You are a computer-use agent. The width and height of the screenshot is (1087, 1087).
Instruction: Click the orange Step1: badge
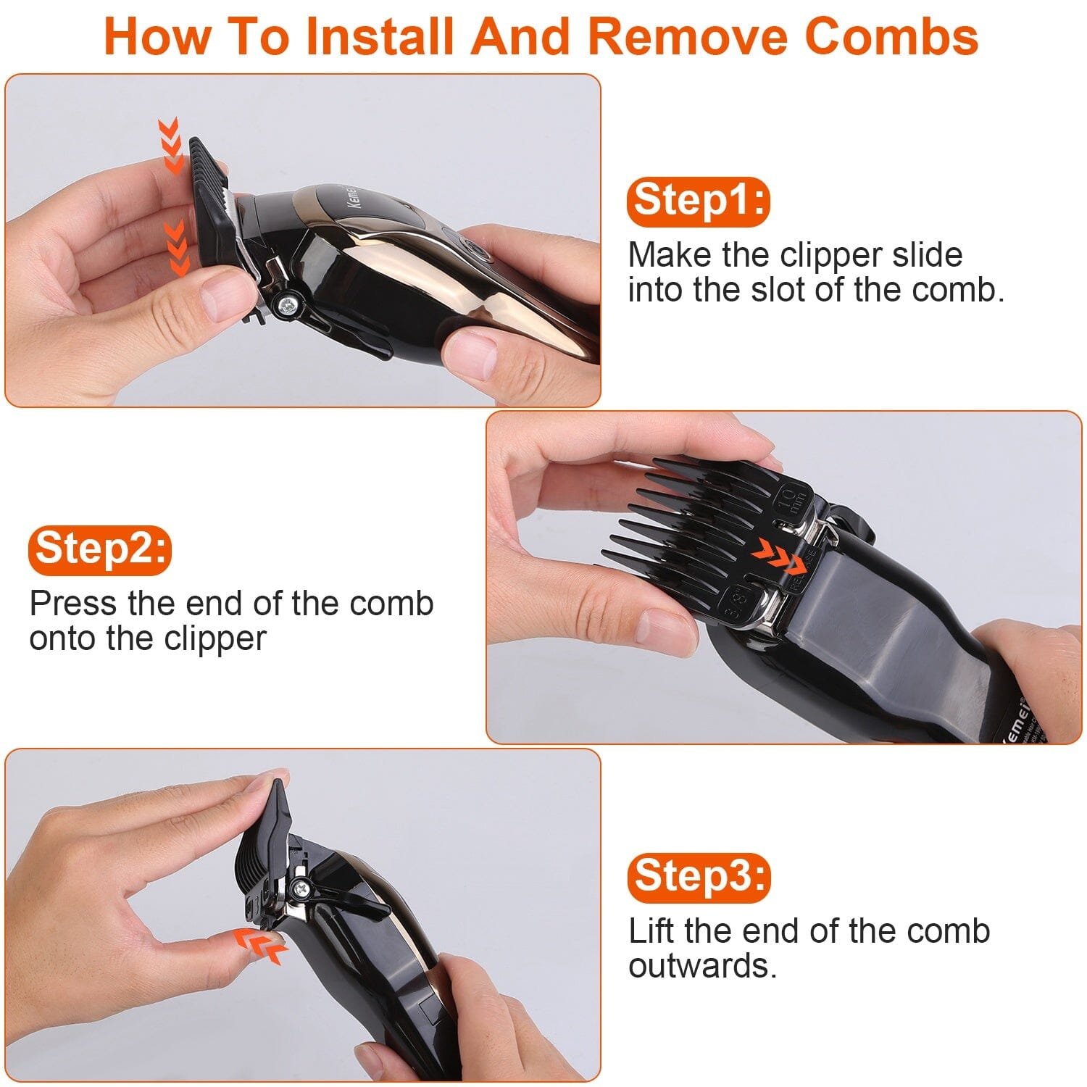(x=699, y=201)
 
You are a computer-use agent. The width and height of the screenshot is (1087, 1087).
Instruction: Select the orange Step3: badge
(x=699, y=878)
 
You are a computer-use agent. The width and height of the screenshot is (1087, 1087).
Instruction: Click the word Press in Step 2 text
(x=72, y=603)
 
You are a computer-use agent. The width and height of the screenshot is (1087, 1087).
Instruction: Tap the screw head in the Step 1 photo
(x=288, y=304)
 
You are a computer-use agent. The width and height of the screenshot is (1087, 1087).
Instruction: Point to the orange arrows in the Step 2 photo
(x=778, y=557)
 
